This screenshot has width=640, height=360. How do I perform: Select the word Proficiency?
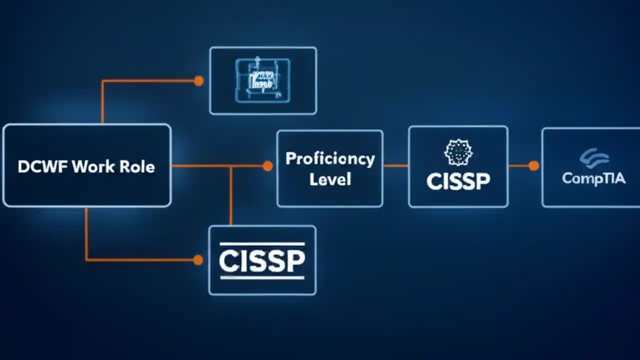tap(330, 158)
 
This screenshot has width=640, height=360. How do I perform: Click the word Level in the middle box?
tap(330, 179)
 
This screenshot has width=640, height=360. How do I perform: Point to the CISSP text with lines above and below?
tap(262, 260)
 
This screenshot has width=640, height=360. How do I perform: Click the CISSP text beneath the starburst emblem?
tap(458, 181)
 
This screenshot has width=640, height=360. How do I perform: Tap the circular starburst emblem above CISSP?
tap(458, 152)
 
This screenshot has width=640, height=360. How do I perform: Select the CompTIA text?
tap(593, 178)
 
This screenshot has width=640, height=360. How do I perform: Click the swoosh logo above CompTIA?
tap(594, 158)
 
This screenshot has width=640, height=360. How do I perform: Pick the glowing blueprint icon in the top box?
tap(262, 80)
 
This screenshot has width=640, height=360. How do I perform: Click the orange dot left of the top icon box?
tap(198, 80)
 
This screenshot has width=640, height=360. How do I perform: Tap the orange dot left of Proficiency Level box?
tap(267, 166)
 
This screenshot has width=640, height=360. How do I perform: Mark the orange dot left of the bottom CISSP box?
tap(198, 259)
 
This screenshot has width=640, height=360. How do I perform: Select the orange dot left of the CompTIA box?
tap(533, 165)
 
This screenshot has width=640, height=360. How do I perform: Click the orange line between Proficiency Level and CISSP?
tap(395, 165)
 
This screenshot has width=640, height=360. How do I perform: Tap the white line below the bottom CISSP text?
tap(262, 276)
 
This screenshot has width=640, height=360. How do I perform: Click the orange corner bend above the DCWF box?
tap(102, 81)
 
